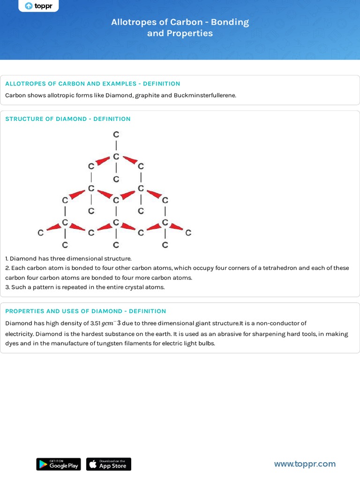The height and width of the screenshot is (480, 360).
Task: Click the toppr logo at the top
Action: pos(38,6)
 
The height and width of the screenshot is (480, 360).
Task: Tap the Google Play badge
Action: pos(59,464)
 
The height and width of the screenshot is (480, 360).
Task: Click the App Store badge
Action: pos(109,464)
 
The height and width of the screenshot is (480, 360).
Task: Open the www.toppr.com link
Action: pos(305,464)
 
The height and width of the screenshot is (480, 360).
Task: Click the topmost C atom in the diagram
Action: pos(116,135)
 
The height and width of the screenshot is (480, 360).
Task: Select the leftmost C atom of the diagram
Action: pos(41,232)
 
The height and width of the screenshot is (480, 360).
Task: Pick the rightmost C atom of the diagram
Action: pos(188,232)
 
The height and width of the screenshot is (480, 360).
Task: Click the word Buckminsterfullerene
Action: pos(205,95)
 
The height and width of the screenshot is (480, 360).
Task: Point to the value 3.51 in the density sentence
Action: pos(95,323)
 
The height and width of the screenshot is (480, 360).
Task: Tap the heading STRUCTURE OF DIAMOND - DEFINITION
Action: pos(68,119)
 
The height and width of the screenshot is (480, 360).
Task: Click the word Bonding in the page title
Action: pos(230,22)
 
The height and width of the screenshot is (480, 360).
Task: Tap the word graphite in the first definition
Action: pos(147,95)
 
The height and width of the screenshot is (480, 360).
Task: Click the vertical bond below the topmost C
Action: pos(116,145)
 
